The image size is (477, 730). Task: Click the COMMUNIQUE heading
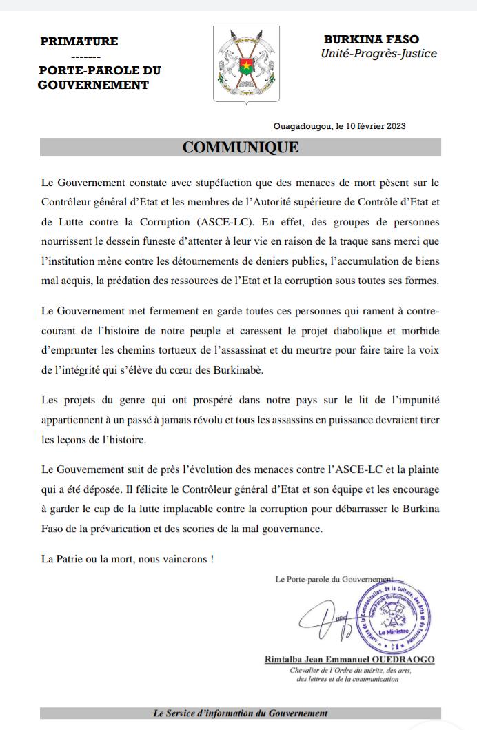click(x=240, y=148)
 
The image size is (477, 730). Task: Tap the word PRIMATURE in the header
click(x=79, y=41)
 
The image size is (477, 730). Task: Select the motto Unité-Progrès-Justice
click(x=378, y=54)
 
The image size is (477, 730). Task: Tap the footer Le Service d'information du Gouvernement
click(x=240, y=713)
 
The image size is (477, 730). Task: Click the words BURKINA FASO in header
click(x=372, y=40)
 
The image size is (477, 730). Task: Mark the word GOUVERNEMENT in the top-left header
click(x=92, y=85)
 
